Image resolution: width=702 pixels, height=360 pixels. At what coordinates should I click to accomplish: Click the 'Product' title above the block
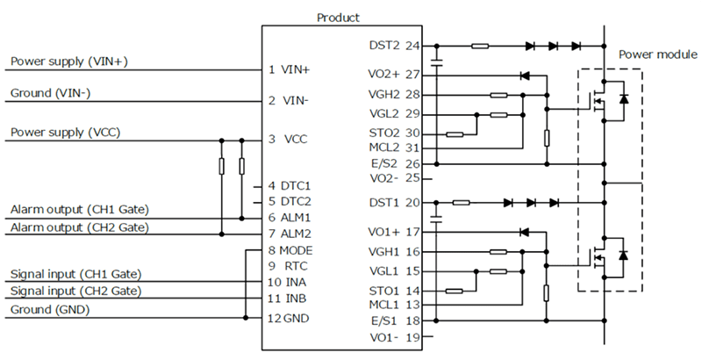338,17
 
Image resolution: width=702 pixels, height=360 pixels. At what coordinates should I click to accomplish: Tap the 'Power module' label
657,54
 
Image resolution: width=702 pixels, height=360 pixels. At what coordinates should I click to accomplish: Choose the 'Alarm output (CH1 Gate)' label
79,209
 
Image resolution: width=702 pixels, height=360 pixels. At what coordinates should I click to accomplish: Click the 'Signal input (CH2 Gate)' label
75,290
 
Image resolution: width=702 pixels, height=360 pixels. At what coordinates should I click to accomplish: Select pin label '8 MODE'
290,250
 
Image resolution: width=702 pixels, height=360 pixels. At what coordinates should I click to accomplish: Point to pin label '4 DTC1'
290,186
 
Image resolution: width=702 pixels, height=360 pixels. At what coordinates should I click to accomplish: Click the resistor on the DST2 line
480,46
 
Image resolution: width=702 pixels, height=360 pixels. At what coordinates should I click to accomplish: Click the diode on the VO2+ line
525,76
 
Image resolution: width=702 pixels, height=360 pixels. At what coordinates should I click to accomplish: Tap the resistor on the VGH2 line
498,95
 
